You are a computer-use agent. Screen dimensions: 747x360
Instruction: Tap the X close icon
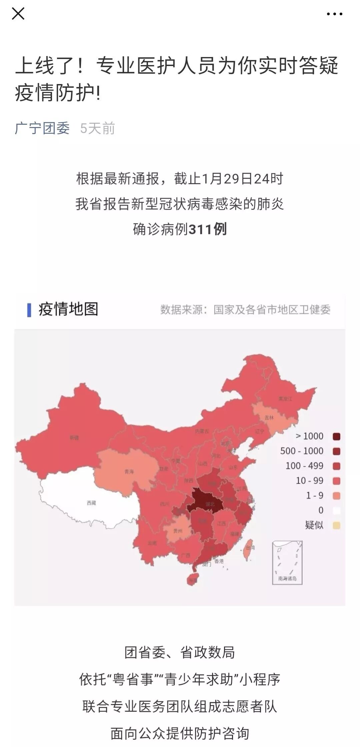[x=18, y=14]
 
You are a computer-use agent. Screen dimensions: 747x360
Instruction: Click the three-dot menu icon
[x=335, y=14]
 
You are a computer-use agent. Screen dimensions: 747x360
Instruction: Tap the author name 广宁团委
[x=42, y=128]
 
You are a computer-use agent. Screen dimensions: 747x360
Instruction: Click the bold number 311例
[x=208, y=229]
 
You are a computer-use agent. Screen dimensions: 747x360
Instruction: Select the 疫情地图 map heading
[x=68, y=309]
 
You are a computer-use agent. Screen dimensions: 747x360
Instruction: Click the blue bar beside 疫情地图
[x=29, y=310]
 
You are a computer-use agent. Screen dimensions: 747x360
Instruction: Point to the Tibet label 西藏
[x=91, y=503]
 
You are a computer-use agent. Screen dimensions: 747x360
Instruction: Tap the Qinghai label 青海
[x=129, y=472]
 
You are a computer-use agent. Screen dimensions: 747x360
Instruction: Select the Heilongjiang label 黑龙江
[x=285, y=399]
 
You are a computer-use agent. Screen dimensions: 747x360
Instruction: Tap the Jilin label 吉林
[x=269, y=418]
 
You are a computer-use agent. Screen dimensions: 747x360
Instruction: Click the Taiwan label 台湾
[x=250, y=548]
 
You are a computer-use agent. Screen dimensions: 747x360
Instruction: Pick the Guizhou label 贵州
[x=178, y=531]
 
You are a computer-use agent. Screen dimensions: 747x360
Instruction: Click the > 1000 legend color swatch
[x=336, y=436]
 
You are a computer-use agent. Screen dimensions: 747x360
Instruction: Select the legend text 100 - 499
[x=304, y=466]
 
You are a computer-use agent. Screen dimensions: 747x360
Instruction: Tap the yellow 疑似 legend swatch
[x=336, y=525]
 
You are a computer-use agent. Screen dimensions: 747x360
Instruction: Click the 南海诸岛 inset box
[x=287, y=562]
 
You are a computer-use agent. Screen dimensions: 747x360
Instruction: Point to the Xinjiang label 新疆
[x=74, y=438]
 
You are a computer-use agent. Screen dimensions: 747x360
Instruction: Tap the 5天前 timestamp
[x=97, y=128]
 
